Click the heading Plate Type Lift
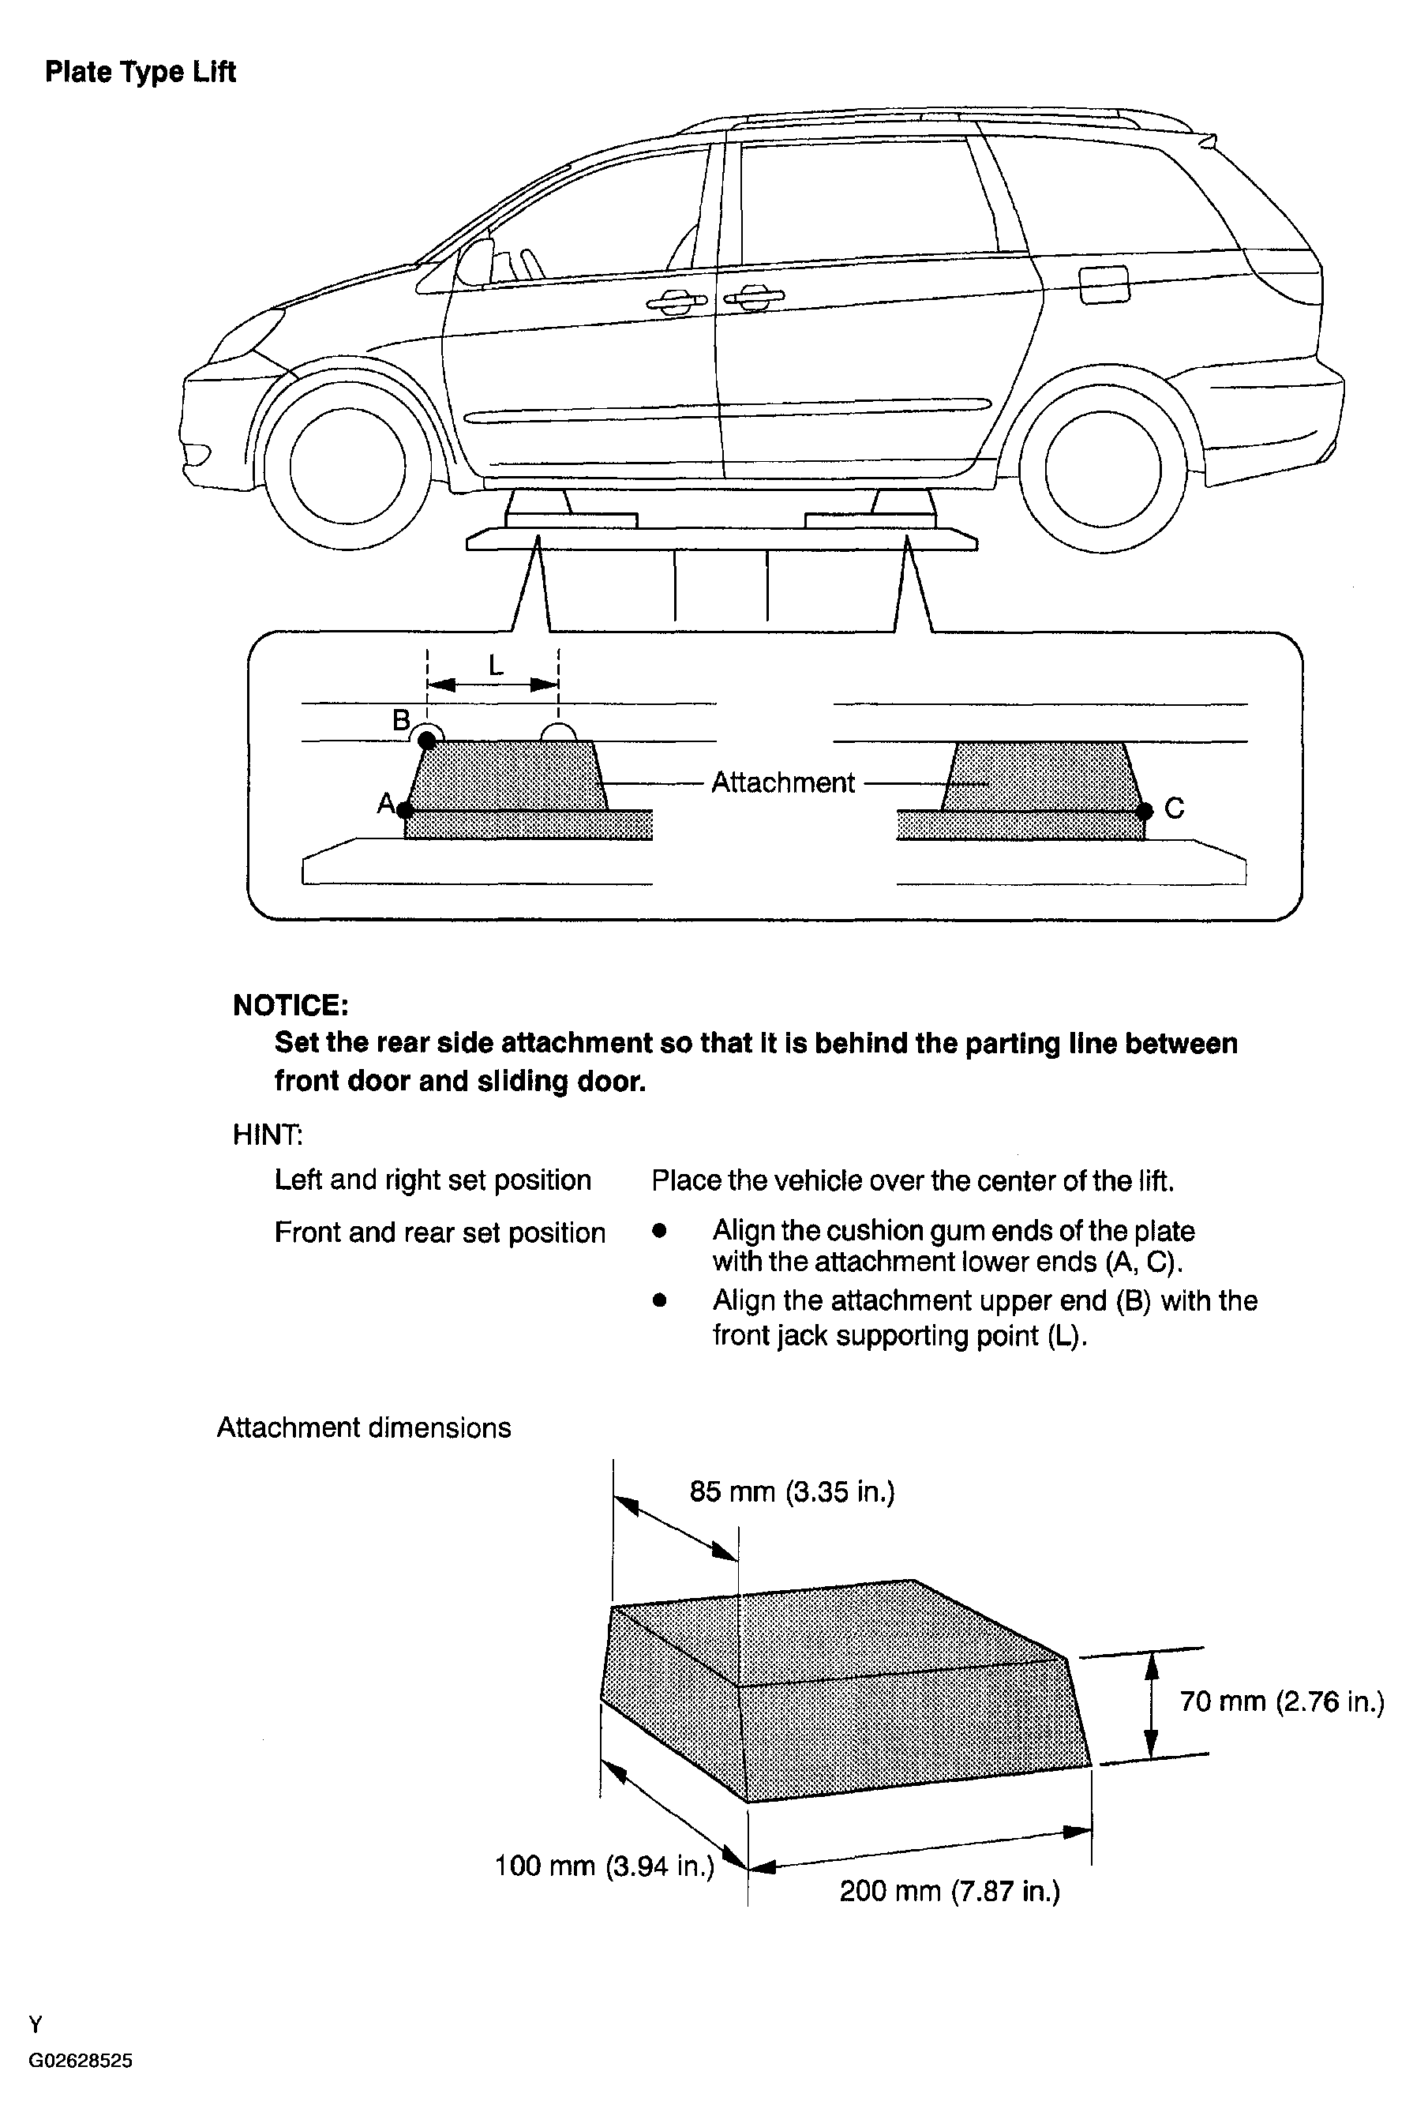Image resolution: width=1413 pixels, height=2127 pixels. point(141,72)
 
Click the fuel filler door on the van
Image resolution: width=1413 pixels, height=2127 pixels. point(1103,285)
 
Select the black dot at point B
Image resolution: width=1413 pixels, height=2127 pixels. point(428,740)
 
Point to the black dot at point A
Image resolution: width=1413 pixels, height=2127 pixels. point(406,809)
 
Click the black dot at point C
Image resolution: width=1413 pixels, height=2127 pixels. point(1145,811)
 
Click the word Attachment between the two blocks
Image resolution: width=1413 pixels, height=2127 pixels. point(782,782)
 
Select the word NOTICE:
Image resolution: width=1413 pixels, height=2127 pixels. point(290,1005)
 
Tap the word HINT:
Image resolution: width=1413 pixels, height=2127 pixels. point(268,1135)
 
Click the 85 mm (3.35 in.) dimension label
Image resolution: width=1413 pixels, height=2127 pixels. point(792,1491)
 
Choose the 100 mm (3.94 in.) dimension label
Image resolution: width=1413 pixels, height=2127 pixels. point(604,1865)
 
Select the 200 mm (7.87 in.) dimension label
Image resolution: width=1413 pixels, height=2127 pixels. point(950,1890)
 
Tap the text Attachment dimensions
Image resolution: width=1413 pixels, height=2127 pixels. point(364,1427)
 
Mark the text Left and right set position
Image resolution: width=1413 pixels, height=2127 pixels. point(433,1180)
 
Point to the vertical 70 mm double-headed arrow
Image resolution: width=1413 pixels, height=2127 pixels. point(1151,1703)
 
